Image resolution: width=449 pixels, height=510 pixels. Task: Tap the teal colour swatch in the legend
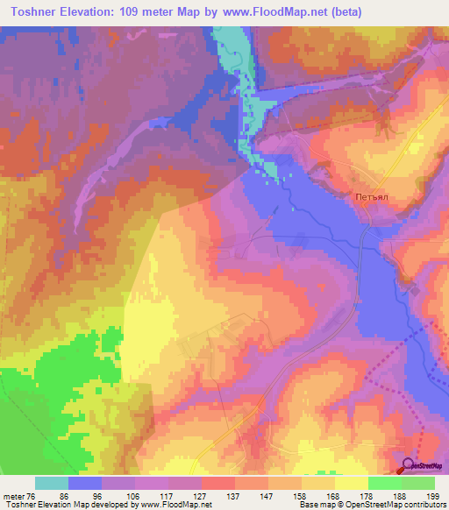pyautogui.click(x=52, y=483)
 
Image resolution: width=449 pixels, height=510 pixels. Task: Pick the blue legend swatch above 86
pyautogui.click(x=85, y=483)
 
